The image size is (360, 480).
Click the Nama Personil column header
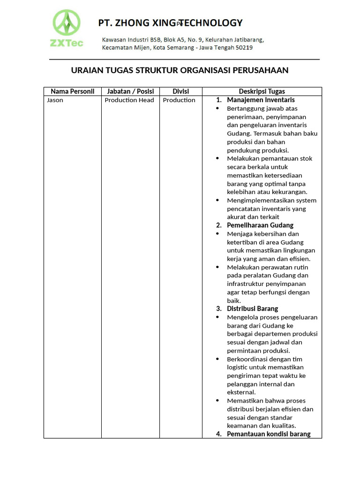[73, 91]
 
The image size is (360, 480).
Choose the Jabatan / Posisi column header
[130, 91]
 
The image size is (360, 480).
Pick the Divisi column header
[180, 91]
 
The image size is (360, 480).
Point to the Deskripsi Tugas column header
[262, 91]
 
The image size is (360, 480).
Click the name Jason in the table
[55, 100]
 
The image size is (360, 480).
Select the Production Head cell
[129, 100]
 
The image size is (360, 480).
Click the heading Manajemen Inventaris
[261, 100]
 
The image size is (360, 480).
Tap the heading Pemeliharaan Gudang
[260, 225]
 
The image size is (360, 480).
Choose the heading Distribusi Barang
[252, 308]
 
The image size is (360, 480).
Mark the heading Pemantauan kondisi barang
[269, 434]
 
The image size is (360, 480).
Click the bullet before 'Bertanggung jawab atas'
[217, 108]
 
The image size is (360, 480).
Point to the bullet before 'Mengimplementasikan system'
[217, 200]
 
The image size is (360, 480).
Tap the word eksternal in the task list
[241, 392]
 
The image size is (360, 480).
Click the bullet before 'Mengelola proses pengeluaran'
[217, 317]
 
